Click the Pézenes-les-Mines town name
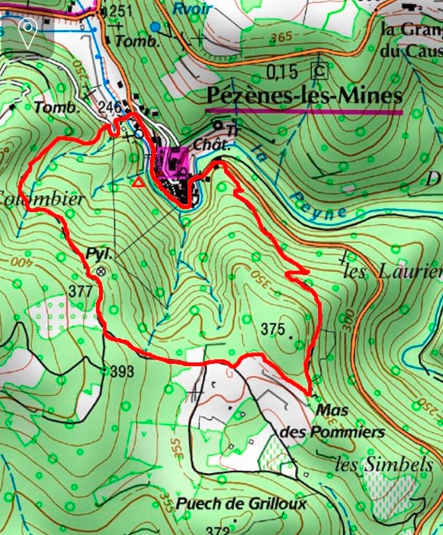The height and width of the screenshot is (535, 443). click(x=305, y=96)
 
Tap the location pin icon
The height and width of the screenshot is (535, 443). click(x=28, y=28)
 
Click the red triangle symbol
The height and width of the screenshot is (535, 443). click(x=138, y=182)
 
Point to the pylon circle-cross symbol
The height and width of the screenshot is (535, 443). click(x=101, y=271)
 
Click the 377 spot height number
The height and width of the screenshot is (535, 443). click(x=81, y=291)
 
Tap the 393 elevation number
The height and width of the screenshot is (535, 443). click(x=123, y=371)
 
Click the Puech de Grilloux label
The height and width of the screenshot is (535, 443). click(x=241, y=504)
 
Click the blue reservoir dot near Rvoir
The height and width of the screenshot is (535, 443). click(x=154, y=26)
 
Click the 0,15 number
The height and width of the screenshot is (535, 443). click(x=282, y=71)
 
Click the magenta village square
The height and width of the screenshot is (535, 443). click(x=173, y=161)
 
